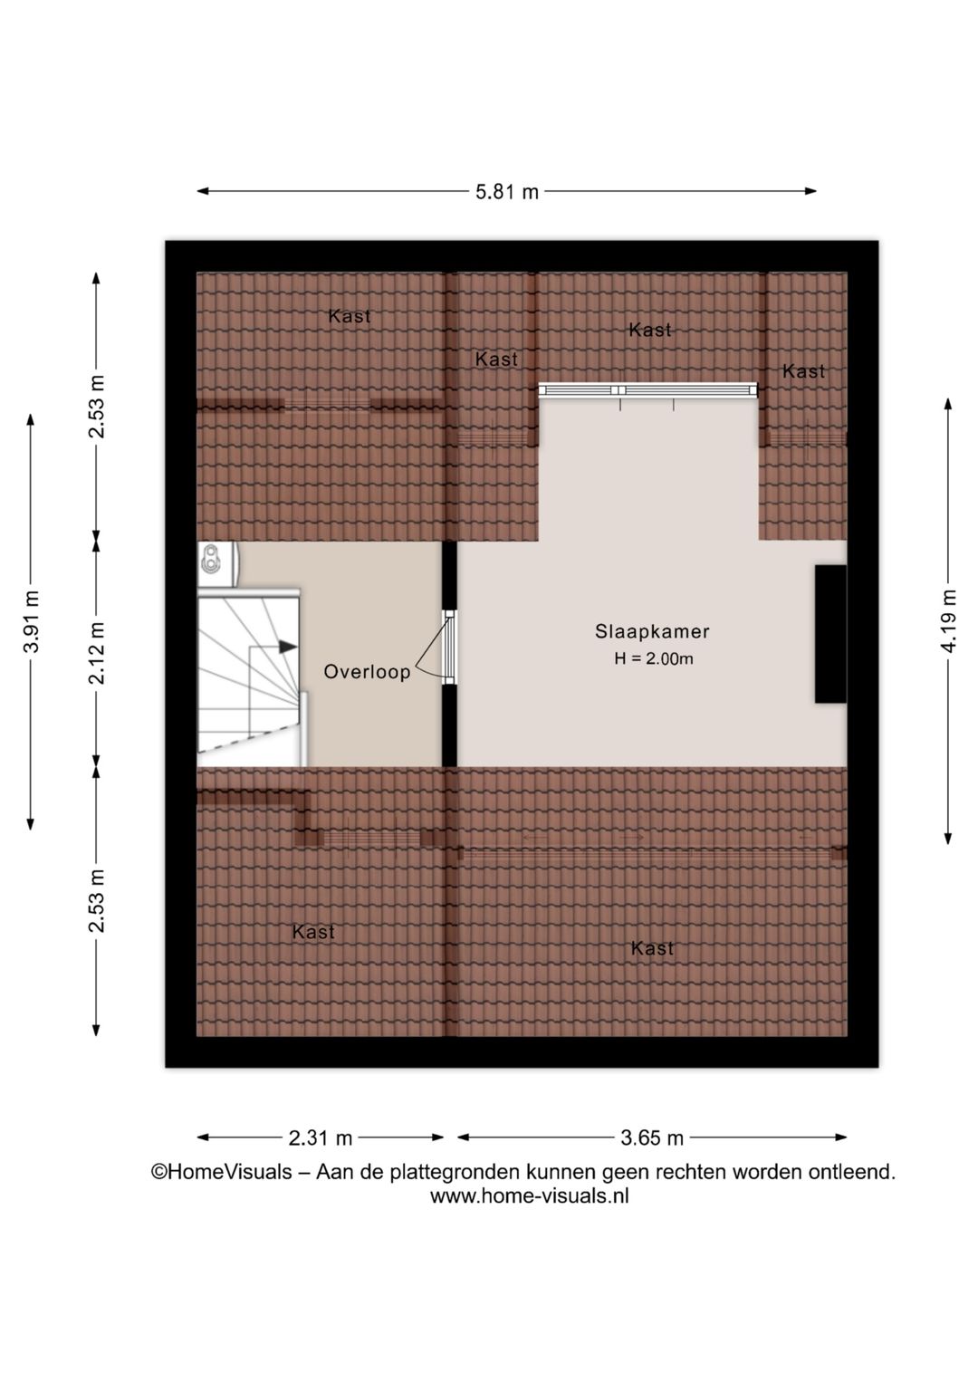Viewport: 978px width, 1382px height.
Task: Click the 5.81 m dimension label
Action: (x=506, y=192)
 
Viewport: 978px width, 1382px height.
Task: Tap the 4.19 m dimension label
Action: (x=949, y=620)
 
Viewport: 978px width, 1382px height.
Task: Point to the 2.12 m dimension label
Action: (x=97, y=653)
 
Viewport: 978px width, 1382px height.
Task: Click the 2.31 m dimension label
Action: (x=321, y=1137)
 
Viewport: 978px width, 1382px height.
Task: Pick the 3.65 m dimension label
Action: (x=652, y=1137)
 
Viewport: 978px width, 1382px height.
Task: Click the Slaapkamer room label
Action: (x=652, y=631)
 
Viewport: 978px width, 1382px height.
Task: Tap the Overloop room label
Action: (x=367, y=671)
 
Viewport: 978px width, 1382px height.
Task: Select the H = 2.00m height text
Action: (x=654, y=659)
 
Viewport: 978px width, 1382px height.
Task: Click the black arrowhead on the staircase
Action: (x=288, y=647)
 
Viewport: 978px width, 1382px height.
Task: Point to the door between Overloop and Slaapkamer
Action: (x=450, y=648)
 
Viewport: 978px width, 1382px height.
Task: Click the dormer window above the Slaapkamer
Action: (x=647, y=390)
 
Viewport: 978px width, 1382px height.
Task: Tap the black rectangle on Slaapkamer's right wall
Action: (x=830, y=634)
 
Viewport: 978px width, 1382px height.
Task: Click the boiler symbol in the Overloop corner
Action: (x=213, y=560)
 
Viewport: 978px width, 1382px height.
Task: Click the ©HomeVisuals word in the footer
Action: (x=222, y=1172)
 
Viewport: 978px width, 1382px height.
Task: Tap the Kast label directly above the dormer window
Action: (x=650, y=330)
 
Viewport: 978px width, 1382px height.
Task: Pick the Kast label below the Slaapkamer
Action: (x=652, y=948)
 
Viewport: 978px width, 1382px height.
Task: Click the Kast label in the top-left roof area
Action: (x=350, y=316)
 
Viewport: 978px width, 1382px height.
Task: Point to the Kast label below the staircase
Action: (x=313, y=932)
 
